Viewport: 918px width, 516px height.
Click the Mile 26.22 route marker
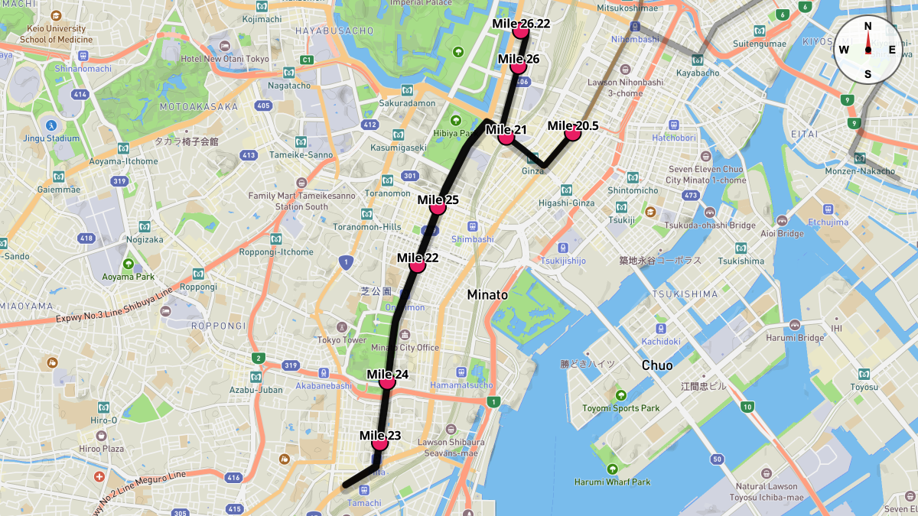522,31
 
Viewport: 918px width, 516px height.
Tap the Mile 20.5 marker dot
572,133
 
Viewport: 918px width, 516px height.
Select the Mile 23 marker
379,443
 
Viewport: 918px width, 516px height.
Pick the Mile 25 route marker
438,206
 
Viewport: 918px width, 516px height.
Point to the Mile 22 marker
417,264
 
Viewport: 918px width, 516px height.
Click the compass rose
868,50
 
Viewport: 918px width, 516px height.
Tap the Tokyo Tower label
341,340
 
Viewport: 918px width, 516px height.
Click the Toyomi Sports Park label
620,408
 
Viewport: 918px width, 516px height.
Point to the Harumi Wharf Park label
612,482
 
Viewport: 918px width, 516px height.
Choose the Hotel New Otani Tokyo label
225,59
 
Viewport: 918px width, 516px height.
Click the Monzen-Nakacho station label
861,171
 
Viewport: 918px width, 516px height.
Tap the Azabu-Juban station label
256,390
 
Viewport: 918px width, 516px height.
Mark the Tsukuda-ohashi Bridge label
709,226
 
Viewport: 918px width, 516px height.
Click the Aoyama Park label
129,277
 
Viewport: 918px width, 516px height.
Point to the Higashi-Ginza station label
566,203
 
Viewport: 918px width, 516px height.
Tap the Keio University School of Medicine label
56,34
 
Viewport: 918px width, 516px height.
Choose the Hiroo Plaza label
102,449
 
